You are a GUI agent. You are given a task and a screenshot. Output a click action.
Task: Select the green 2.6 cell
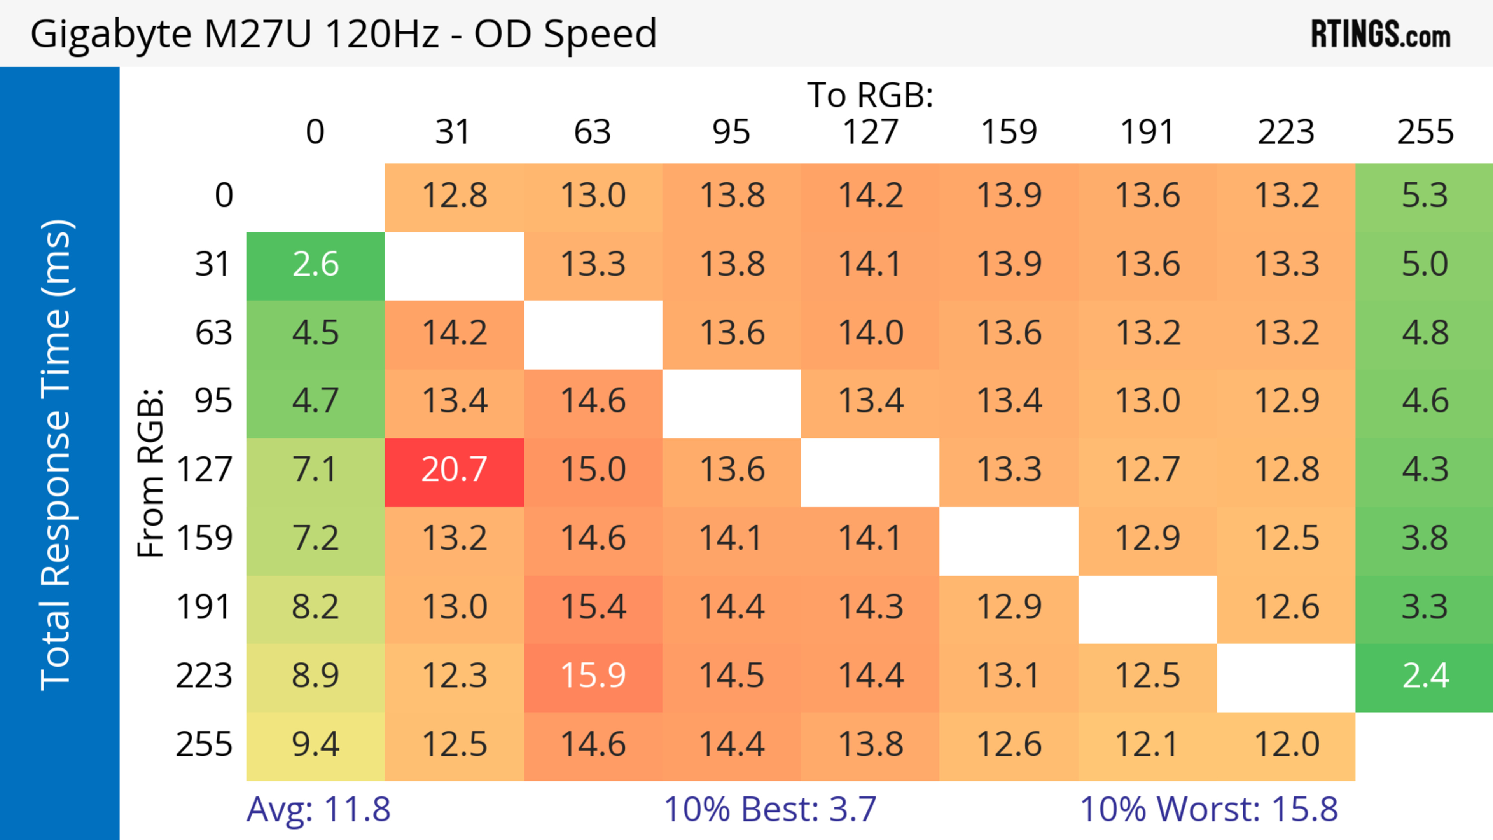click(x=315, y=265)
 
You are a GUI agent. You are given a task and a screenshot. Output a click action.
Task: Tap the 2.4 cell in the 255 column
click(x=1425, y=676)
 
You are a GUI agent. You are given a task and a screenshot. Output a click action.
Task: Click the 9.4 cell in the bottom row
click(x=315, y=744)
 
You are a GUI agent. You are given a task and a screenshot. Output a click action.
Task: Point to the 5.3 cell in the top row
click(x=1425, y=196)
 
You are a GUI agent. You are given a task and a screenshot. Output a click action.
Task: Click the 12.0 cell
click(x=1286, y=744)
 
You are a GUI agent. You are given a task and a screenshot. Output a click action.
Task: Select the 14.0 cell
click(x=870, y=333)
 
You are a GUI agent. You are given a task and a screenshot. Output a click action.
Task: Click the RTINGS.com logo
click(x=1381, y=35)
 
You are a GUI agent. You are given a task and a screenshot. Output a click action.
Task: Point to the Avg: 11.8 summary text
click(x=318, y=809)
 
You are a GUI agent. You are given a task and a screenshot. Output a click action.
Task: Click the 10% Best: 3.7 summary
click(x=770, y=809)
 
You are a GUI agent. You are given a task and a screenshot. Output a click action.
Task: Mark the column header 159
click(x=1009, y=132)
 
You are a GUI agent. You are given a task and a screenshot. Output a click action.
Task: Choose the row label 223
click(x=204, y=676)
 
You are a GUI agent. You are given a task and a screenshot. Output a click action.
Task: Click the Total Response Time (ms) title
click(x=57, y=455)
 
